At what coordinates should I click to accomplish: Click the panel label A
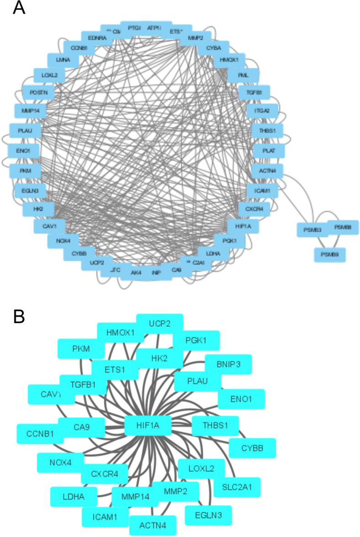click(x=19, y=8)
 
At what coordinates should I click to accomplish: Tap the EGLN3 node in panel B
click(x=208, y=516)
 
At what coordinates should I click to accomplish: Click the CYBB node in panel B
click(x=253, y=448)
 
